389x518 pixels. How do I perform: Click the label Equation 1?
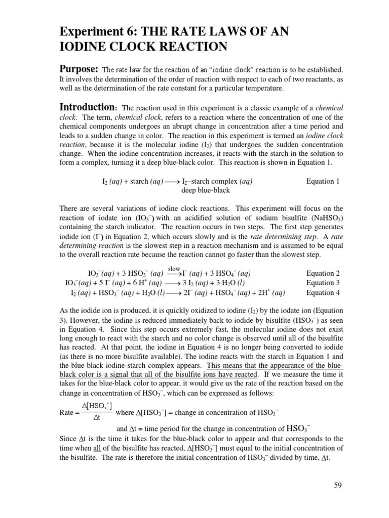point(323,181)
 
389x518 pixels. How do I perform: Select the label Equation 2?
point(323,273)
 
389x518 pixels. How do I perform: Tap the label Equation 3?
point(323,283)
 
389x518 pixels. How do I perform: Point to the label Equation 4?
point(323,292)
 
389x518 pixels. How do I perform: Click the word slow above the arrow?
point(174,268)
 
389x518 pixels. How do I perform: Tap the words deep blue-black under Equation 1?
point(205,190)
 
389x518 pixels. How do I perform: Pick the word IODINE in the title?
point(87,47)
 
